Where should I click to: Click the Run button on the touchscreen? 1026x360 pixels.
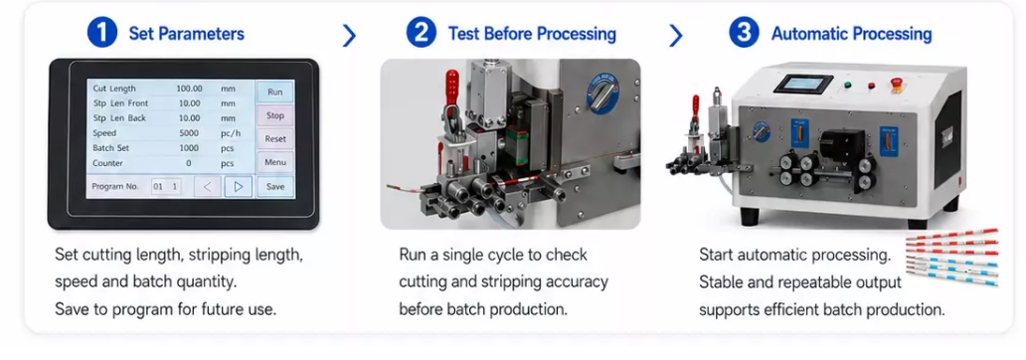point(275,92)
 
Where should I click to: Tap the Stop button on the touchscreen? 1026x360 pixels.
point(275,115)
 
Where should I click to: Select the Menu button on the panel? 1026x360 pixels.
point(275,162)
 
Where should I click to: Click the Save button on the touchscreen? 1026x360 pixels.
point(275,187)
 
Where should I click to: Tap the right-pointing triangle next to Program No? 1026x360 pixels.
point(239,187)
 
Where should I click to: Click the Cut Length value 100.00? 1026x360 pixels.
point(189,89)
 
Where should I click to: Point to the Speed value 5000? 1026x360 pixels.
point(189,133)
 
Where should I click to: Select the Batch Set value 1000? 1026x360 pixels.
point(189,148)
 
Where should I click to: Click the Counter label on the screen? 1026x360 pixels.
point(108,163)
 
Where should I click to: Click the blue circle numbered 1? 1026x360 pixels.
point(102,33)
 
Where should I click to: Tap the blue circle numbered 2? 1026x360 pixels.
point(422,33)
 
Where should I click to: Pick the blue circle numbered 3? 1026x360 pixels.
point(744,33)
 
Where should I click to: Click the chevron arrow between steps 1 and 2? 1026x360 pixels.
point(349,36)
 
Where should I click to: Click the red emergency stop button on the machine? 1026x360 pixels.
point(897,85)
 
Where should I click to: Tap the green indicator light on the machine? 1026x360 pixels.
point(847,85)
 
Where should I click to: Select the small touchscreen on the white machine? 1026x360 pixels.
point(803,85)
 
